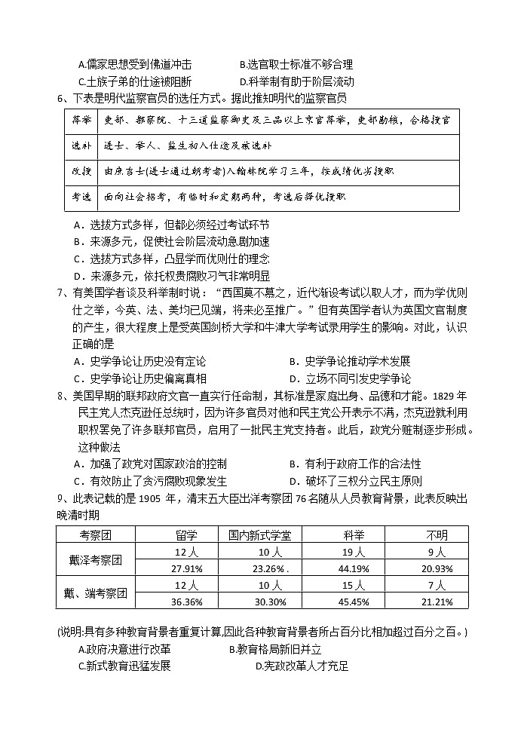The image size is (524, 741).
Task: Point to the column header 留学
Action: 186,534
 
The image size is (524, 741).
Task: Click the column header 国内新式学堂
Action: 265,534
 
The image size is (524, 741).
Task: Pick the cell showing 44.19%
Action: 352,568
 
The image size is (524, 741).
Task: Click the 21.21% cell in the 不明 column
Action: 437,602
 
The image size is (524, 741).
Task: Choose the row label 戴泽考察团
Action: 97,559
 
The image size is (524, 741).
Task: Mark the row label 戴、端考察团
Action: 97,593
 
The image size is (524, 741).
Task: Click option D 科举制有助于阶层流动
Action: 296,81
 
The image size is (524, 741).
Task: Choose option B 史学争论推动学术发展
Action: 350,361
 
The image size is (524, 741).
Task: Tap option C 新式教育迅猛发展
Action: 124,666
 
